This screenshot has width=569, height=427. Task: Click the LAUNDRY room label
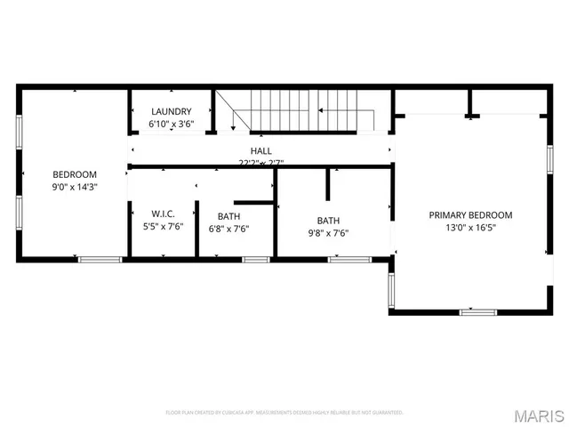coord(172,111)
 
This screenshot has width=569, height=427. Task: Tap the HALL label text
coord(261,151)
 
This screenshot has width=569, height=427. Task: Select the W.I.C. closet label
coord(162,213)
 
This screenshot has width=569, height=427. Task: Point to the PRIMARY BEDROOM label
coord(470,215)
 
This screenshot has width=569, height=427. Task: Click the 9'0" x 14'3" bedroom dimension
coord(75,187)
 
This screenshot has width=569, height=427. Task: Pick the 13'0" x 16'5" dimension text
coord(470,228)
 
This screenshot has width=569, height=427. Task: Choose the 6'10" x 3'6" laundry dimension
coord(172,124)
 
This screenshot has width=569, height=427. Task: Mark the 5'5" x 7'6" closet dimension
coord(162,226)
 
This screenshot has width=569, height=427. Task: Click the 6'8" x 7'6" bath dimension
coord(228,228)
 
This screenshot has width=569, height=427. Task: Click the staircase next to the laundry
coord(302,110)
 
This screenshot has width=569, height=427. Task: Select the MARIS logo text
coord(539,415)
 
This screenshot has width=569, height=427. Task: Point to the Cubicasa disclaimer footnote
coord(284,413)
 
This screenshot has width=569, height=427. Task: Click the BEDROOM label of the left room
coord(75,174)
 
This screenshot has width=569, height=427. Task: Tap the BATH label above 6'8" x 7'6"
coord(228,215)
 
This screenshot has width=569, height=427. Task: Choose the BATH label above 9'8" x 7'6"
coord(328,221)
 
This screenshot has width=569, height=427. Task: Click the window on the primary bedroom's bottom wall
coord(477,311)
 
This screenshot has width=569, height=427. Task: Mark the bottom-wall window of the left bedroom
coord(100,259)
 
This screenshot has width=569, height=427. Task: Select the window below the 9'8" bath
coord(349,259)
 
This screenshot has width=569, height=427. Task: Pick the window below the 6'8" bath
coord(256,259)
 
